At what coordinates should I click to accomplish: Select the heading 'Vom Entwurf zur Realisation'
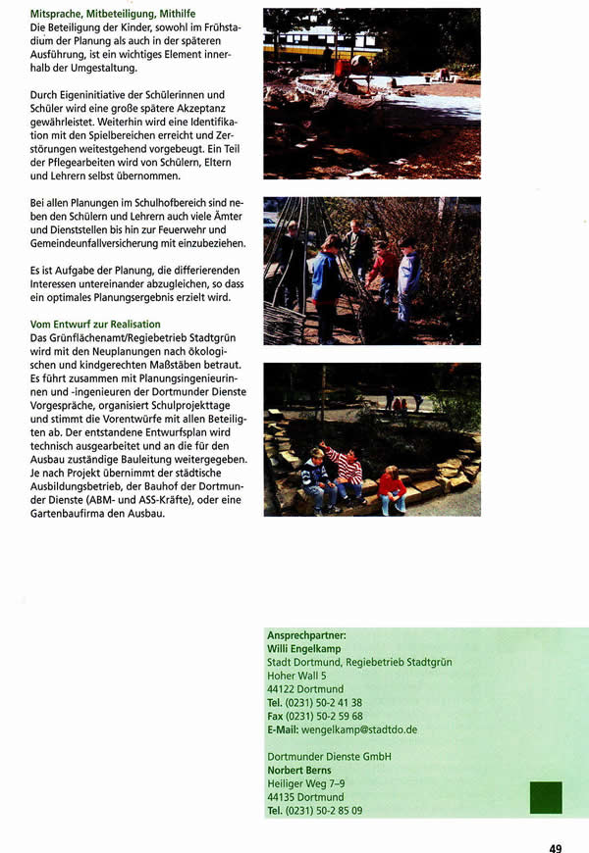(x=95, y=324)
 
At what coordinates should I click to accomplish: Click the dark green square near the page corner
(x=546, y=797)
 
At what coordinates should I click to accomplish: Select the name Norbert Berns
(x=298, y=770)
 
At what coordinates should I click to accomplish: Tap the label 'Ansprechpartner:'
(x=306, y=635)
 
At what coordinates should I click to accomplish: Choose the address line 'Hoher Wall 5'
(x=296, y=676)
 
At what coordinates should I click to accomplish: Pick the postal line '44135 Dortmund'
(x=305, y=797)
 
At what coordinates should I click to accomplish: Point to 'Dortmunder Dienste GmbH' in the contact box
(x=329, y=756)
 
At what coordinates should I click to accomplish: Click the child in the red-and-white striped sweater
(x=347, y=469)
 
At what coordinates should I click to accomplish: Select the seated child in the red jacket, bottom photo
(x=392, y=487)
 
